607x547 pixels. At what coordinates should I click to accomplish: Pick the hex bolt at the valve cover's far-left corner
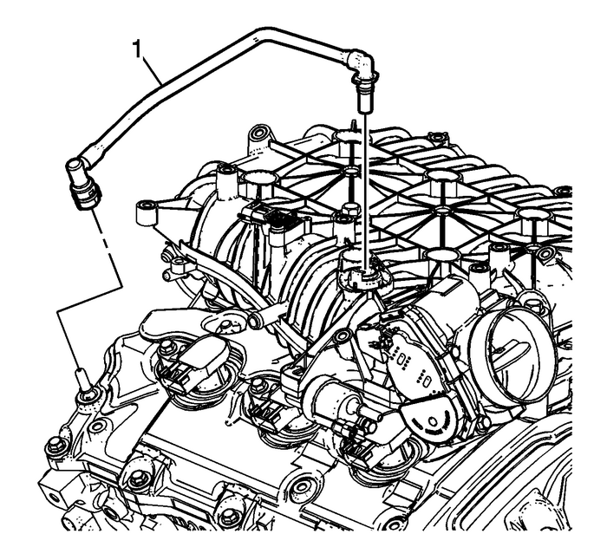click(57, 446)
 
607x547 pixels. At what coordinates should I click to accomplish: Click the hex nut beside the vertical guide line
click(351, 208)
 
